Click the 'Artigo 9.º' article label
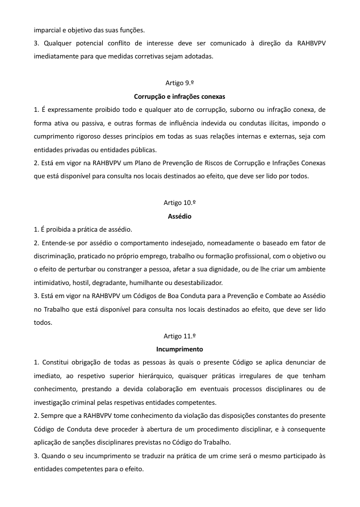(x=179, y=83)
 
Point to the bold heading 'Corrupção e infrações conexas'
(x=179, y=97)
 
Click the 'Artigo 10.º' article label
(x=179, y=202)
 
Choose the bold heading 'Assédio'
(x=179, y=216)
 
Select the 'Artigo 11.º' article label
(x=179, y=336)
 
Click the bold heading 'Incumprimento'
(x=179, y=349)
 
